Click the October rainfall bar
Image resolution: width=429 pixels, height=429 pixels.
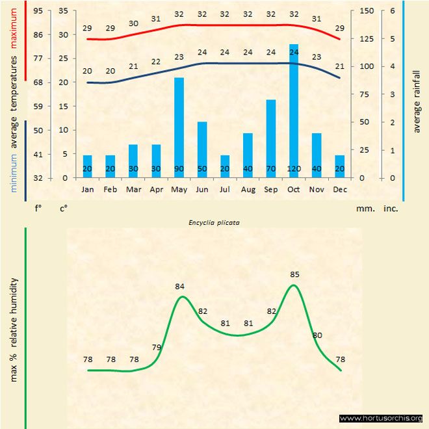tap(294, 110)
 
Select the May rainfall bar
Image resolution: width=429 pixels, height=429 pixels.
tap(179, 127)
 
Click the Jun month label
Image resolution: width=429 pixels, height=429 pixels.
tap(201, 189)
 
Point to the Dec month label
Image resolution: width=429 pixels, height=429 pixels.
tap(340, 189)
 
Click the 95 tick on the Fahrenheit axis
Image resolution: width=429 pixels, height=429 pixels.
tap(38, 11)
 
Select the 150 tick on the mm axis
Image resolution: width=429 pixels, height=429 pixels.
tap(367, 11)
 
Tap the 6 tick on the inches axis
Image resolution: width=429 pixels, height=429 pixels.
tap(393, 11)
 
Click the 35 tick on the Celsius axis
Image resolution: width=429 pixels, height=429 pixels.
tap(64, 11)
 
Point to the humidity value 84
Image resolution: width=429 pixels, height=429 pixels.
tap(180, 286)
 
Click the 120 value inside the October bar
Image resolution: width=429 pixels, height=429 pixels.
tap(294, 169)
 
